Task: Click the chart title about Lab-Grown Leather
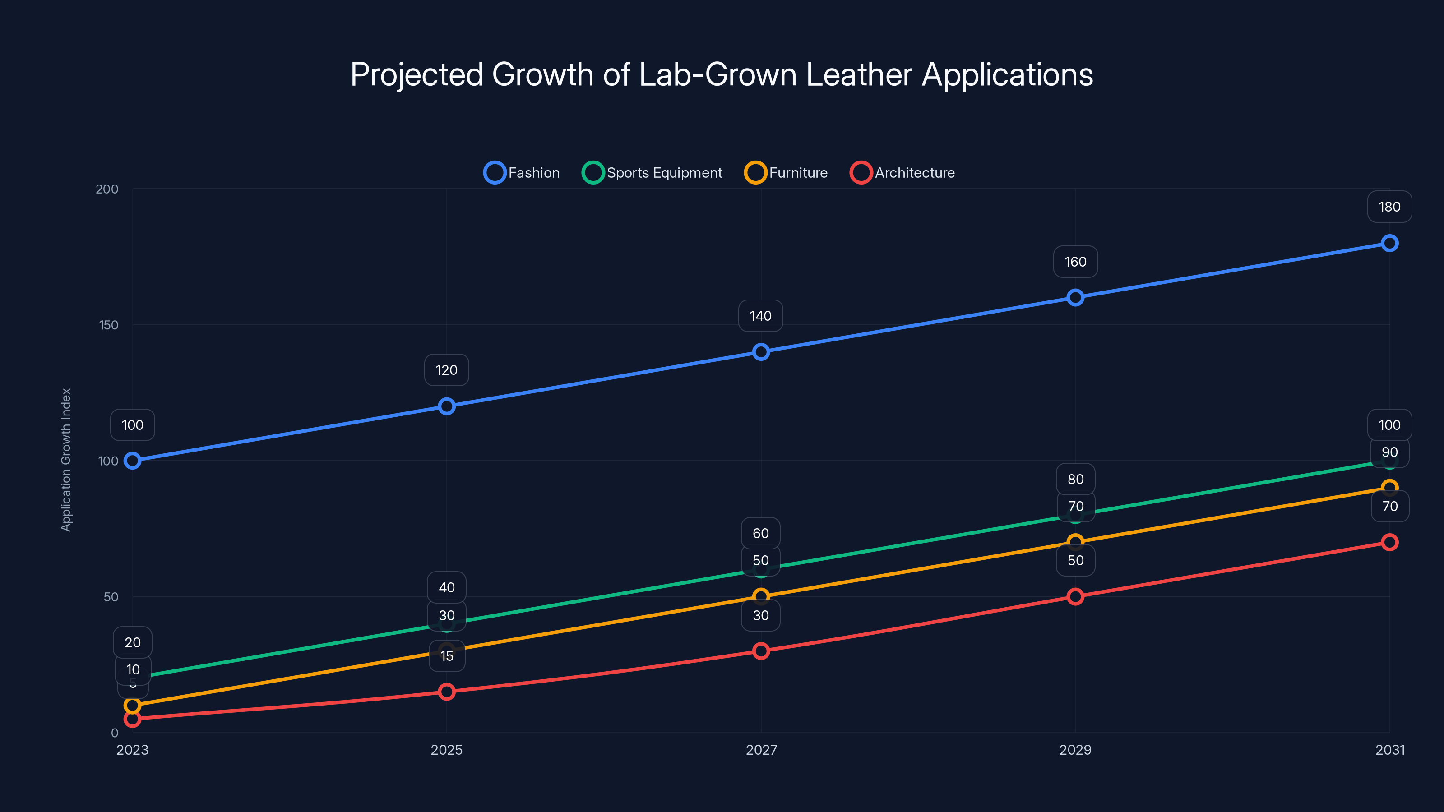(x=722, y=74)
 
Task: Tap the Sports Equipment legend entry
(x=653, y=173)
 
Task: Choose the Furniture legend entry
(x=786, y=173)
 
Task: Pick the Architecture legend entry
(x=902, y=173)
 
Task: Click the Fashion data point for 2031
(x=1389, y=243)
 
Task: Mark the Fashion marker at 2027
(x=761, y=352)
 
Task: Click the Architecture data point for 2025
(x=447, y=692)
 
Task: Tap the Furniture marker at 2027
(x=761, y=596)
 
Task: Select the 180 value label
(x=1389, y=207)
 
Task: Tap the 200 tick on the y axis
(x=107, y=189)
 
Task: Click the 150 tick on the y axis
(x=109, y=325)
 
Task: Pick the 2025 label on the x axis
(x=447, y=750)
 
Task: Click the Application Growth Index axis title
(x=66, y=460)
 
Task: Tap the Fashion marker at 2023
(x=132, y=461)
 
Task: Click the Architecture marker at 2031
(x=1389, y=542)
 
